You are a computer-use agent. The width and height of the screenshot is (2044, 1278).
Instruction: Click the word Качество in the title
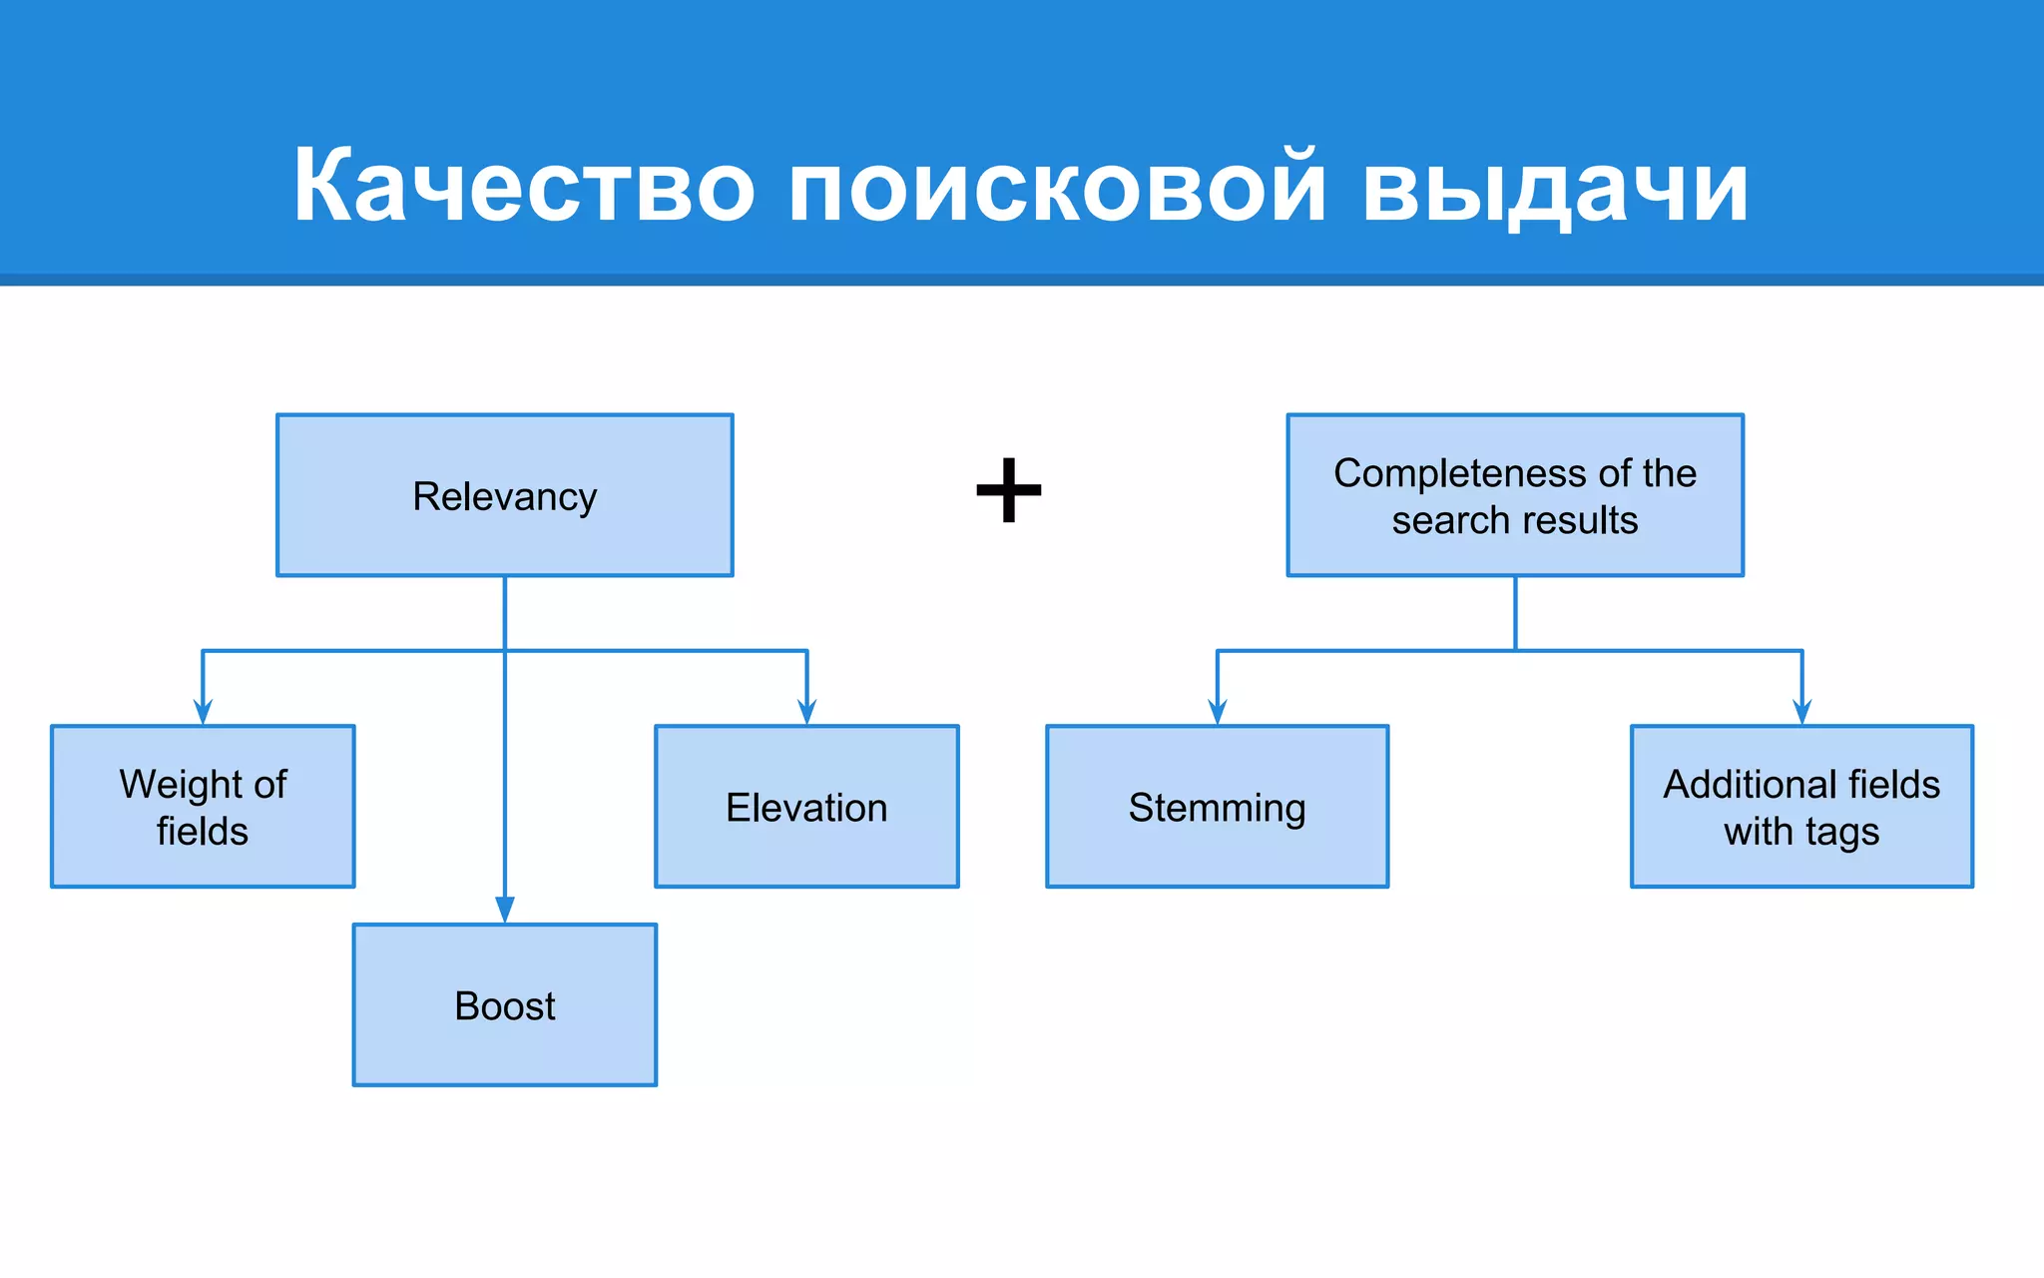coord(523,186)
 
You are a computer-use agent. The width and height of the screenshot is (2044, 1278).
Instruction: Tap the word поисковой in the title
coord(1057,186)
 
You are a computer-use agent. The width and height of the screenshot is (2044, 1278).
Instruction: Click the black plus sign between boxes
coord(1009,490)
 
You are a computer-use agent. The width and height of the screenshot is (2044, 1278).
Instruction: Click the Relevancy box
coord(505,495)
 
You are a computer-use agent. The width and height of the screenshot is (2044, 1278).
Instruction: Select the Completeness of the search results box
coord(1515,495)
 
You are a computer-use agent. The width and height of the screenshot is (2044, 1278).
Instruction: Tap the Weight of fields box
coord(203,807)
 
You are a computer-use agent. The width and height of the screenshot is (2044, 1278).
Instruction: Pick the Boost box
coord(505,1004)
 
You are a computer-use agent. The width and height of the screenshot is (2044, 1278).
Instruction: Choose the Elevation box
coord(806,807)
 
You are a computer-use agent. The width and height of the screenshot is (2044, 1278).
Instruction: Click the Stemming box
coord(1217,807)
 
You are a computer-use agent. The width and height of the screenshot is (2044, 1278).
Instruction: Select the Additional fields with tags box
coord(1801,807)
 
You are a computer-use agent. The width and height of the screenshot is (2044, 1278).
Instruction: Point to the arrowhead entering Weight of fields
coord(203,712)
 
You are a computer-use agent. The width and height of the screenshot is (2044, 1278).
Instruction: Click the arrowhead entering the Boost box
coord(505,910)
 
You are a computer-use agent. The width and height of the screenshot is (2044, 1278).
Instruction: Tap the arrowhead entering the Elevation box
coord(806,712)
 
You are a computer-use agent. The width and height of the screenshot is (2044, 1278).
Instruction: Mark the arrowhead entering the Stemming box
coord(1217,712)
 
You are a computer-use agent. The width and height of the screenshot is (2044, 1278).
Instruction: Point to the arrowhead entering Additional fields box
coord(1801,712)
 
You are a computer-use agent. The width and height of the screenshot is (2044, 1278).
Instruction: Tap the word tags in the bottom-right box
coord(1841,833)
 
